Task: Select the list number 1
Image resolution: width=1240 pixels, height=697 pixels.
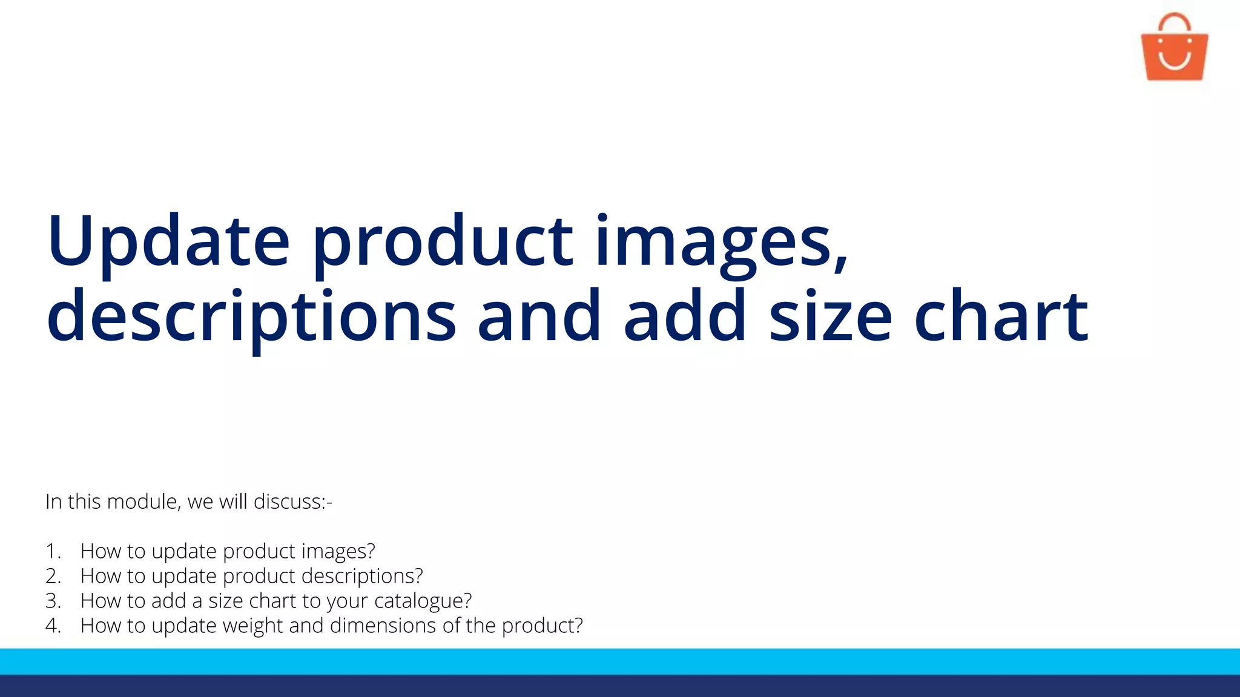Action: coord(53,551)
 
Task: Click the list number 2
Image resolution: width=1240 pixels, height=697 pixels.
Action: coord(53,576)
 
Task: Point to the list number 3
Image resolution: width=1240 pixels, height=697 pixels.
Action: coord(53,601)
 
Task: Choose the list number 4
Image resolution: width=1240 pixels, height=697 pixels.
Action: coord(53,626)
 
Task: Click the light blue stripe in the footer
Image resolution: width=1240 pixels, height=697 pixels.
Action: coord(620,661)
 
